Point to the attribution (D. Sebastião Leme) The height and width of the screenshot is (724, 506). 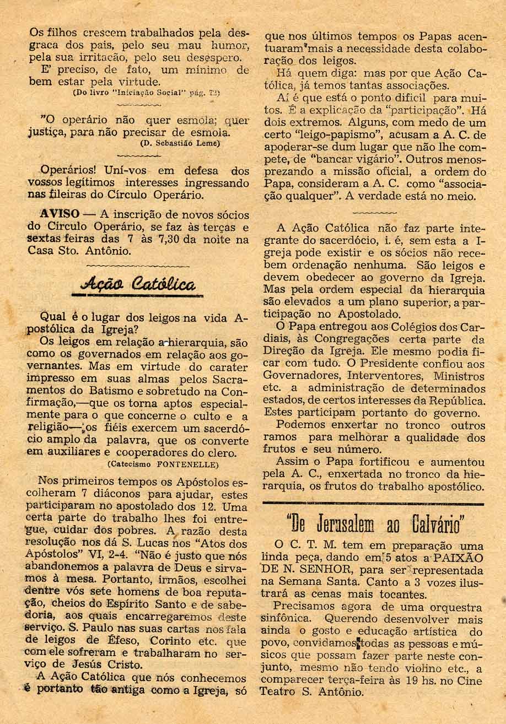(180, 144)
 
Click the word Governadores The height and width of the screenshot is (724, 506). (302, 376)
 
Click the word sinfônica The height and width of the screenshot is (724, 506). (289, 619)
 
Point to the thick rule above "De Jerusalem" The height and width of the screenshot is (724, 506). (373, 504)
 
